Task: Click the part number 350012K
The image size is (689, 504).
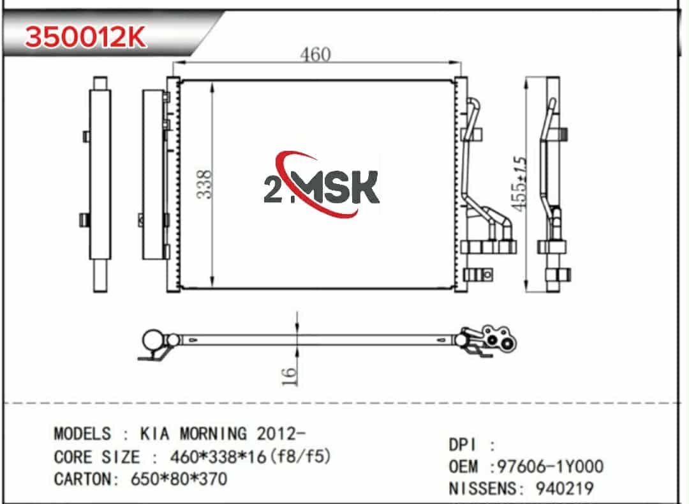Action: point(85,37)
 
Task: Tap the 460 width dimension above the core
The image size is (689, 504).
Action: point(316,54)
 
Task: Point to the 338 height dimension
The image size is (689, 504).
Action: point(204,184)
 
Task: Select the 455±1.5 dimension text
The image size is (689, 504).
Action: point(519,183)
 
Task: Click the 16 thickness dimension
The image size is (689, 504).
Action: point(289,376)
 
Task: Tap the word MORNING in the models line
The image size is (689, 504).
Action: point(213,434)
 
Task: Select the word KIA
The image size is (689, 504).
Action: point(154,434)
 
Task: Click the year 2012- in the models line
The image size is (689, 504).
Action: point(281,434)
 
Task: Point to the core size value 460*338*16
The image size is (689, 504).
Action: point(218,457)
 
